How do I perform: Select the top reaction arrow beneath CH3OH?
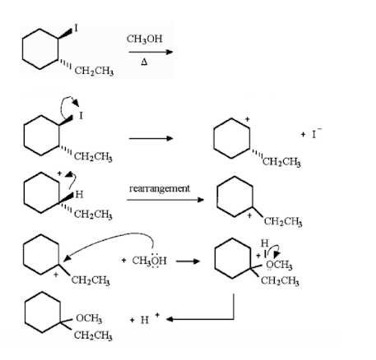(151, 53)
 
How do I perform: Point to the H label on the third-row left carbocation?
(78, 194)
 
